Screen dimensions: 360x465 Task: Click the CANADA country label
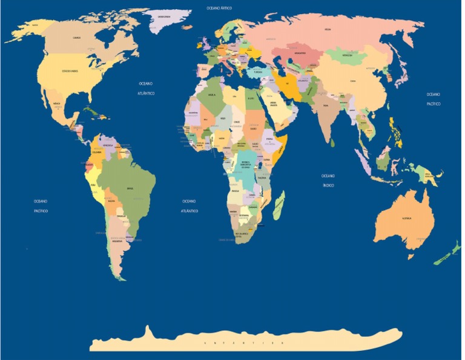76,37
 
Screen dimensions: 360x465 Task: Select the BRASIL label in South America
130,188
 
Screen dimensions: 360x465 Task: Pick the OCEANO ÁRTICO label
219,8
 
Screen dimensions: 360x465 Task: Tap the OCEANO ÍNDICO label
328,181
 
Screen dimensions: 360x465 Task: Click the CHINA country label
352,80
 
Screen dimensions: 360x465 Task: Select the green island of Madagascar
279,205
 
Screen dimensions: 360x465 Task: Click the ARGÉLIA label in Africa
211,95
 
